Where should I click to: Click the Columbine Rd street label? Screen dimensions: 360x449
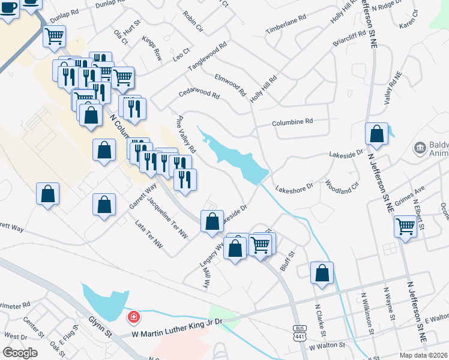point(292,121)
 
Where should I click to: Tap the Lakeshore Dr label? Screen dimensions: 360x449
point(294,188)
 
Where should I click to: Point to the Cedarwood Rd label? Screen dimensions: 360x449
point(199,94)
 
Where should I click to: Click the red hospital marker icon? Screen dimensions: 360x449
point(133,316)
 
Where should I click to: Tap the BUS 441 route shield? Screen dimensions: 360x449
point(300,332)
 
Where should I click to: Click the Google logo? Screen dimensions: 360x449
point(20,352)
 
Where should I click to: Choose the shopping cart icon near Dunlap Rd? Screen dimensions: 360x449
point(55,36)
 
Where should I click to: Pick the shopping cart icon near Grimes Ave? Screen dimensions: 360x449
point(405,227)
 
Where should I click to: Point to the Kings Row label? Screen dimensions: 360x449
point(152,47)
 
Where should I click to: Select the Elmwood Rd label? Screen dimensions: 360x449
point(231,85)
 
